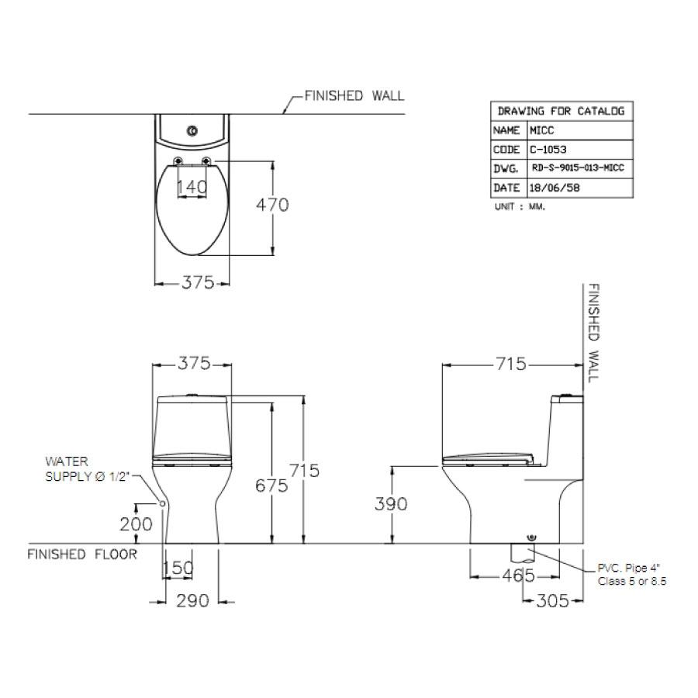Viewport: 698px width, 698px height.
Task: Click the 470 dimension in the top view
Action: (x=272, y=205)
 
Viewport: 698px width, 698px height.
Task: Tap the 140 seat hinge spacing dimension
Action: (x=192, y=187)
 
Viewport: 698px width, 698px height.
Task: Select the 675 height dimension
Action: (x=271, y=485)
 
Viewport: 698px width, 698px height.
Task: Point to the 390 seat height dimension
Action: (x=391, y=504)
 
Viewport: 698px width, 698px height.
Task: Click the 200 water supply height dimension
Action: (x=136, y=524)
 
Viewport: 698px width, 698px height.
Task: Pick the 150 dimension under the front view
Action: (x=178, y=568)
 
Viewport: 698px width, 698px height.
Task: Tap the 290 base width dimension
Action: (x=192, y=601)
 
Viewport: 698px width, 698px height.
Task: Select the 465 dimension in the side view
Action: (x=518, y=576)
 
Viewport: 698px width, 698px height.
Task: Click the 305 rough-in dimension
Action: (x=552, y=601)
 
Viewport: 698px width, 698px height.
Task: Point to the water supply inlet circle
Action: (x=163, y=503)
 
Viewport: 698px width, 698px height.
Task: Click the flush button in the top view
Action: (x=193, y=131)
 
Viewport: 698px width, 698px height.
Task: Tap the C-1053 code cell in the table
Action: (x=548, y=150)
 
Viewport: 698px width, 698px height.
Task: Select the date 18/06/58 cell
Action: (x=555, y=188)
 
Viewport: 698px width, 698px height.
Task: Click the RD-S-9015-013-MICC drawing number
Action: (x=579, y=168)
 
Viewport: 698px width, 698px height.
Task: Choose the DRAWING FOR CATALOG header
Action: (x=562, y=111)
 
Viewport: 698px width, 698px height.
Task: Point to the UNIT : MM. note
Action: (x=520, y=206)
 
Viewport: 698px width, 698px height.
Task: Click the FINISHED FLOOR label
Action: (x=82, y=555)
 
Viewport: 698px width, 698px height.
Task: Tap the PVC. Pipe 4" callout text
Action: (x=630, y=568)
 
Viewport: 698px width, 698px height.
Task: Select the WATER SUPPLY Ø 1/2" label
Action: (x=87, y=469)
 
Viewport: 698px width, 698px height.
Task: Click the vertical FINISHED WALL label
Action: (x=594, y=333)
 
